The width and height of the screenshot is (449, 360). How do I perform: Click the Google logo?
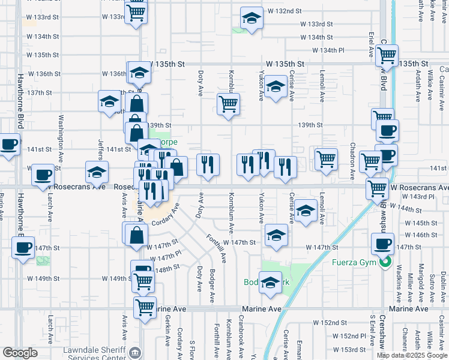click(x=20, y=352)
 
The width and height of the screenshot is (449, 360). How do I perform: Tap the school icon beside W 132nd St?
click(x=252, y=19)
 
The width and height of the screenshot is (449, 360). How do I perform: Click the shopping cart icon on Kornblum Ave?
click(x=228, y=104)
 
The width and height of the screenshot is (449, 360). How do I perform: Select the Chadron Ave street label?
click(x=352, y=161)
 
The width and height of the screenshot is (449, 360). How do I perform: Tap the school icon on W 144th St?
click(x=306, y=211)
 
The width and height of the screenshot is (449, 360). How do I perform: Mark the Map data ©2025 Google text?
click(x=411, y=355)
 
